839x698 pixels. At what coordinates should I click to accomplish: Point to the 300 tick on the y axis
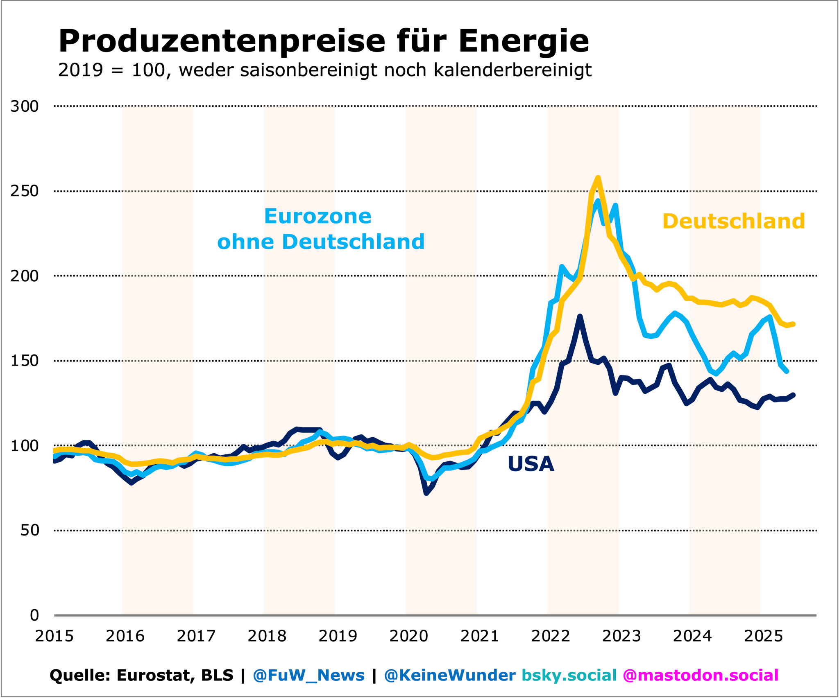click(25, 106)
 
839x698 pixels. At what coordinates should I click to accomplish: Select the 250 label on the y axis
click(25, 191)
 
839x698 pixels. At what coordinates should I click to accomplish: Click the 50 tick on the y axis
click(29, 531)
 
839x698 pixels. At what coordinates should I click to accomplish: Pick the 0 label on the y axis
click(34, 615)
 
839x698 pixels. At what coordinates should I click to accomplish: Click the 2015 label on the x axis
click(54, 636)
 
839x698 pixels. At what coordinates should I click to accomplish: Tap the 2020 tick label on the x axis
click(408, 636)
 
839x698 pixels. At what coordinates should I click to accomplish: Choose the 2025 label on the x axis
click(763, 636)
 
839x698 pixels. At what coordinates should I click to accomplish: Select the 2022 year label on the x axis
click(551, 636)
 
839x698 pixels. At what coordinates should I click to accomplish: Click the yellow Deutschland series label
click(733, 221)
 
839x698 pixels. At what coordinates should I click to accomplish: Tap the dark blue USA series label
click(531, 464)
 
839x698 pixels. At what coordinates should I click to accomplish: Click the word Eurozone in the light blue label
click(317, 216)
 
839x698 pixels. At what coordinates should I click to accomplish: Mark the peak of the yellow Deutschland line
click(598, 178)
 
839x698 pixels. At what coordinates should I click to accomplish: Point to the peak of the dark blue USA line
click(580, 316)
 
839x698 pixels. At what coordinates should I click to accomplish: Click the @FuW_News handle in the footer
click(308, 675)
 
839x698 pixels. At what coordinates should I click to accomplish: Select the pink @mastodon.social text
click(700, 675)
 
